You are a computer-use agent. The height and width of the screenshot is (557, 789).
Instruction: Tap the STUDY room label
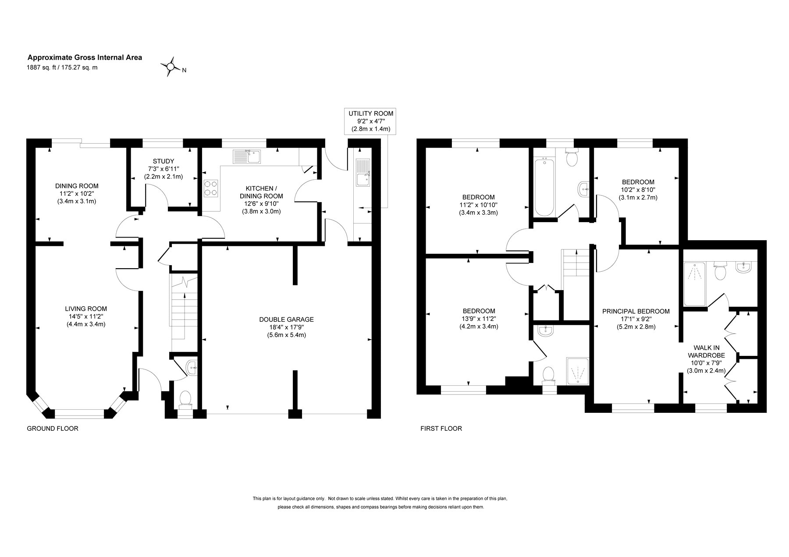click(x=163, y=161)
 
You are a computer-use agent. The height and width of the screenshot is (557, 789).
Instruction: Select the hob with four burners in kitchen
click(x=210, y=187)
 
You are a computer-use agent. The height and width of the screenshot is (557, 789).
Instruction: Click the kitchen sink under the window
click(x=248, y=156)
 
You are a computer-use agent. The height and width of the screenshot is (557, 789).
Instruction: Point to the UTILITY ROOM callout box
click(x=371, y=121)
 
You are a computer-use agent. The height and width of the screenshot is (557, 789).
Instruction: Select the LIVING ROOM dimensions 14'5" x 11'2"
click(x=86, y=316)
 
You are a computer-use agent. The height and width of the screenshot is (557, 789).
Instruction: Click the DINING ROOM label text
click(x=77, y=186)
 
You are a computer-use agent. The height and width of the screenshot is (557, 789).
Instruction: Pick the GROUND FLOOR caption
click(x=53, y=429)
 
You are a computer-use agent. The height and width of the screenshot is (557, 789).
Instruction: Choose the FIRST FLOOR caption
click(x=441, y=429)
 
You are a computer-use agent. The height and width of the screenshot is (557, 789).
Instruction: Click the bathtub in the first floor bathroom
click(x=544, y=188)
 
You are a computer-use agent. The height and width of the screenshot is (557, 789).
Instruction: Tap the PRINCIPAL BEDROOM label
click(x=636, y=312)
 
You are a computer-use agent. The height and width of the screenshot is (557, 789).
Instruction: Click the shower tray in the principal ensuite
click(x=695, y=284)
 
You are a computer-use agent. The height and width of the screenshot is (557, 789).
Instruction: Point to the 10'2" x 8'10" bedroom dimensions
click(x=638, y=190)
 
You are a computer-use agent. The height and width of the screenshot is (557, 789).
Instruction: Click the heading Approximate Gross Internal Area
click(x=85, y=57)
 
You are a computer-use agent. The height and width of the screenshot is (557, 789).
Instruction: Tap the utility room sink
click(x=363, y=172)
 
